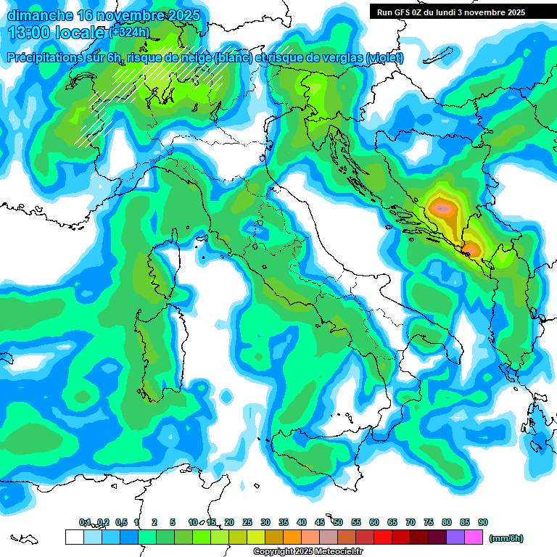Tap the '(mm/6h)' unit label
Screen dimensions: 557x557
(x=506, y=538)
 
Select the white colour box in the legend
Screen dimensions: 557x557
(x=74, y=537)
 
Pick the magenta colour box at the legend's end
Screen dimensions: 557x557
(x=474, y=537)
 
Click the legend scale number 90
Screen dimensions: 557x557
(x=483, y=522)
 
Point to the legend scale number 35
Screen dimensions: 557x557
(x=284, y=522)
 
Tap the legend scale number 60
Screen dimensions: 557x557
(x=374, y=522)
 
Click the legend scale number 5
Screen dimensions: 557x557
(x=173, y=522)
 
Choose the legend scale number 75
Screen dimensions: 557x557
(x=429, y=522)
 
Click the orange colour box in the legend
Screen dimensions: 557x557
(x=292, y=537)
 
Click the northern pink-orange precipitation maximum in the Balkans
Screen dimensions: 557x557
(x=442, y=209)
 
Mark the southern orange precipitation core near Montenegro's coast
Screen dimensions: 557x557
(x=471, y=251)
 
